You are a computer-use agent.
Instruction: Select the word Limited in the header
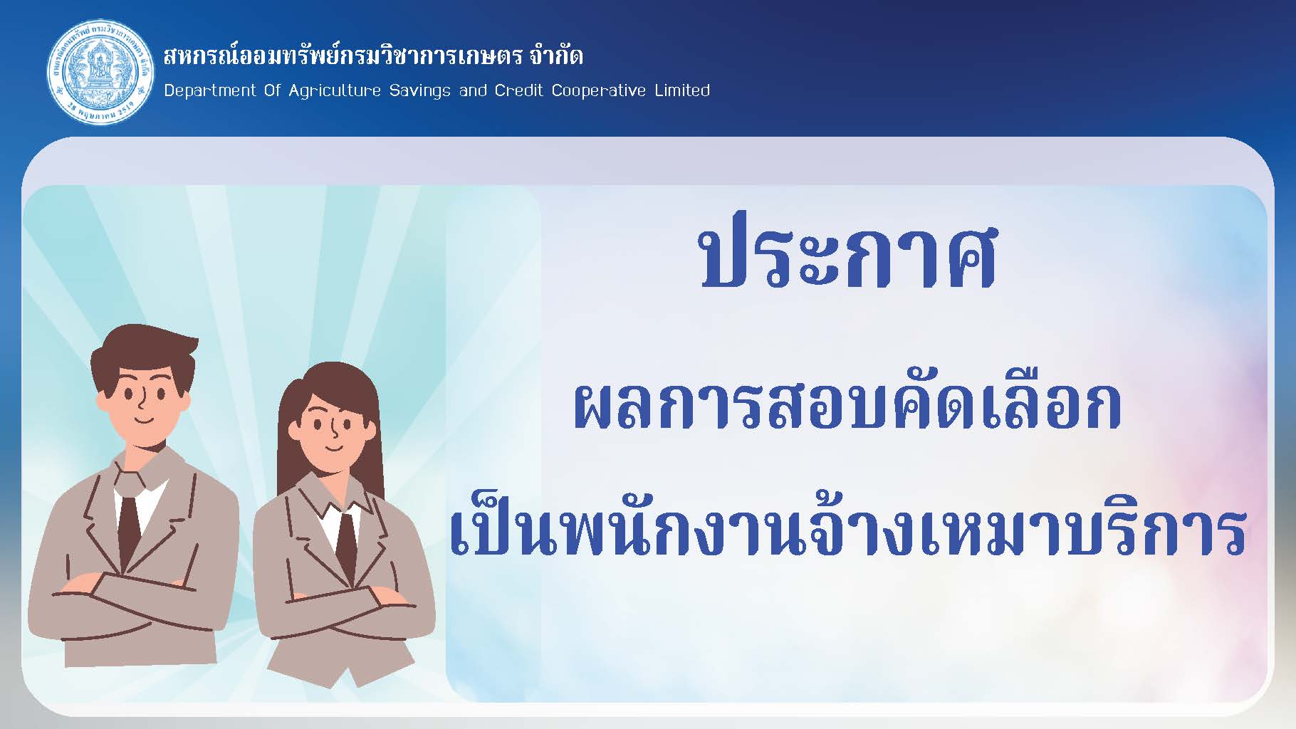coord(682,90)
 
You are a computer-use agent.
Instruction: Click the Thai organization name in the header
coord(373,55)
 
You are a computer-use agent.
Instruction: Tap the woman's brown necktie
coord(346,545)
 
